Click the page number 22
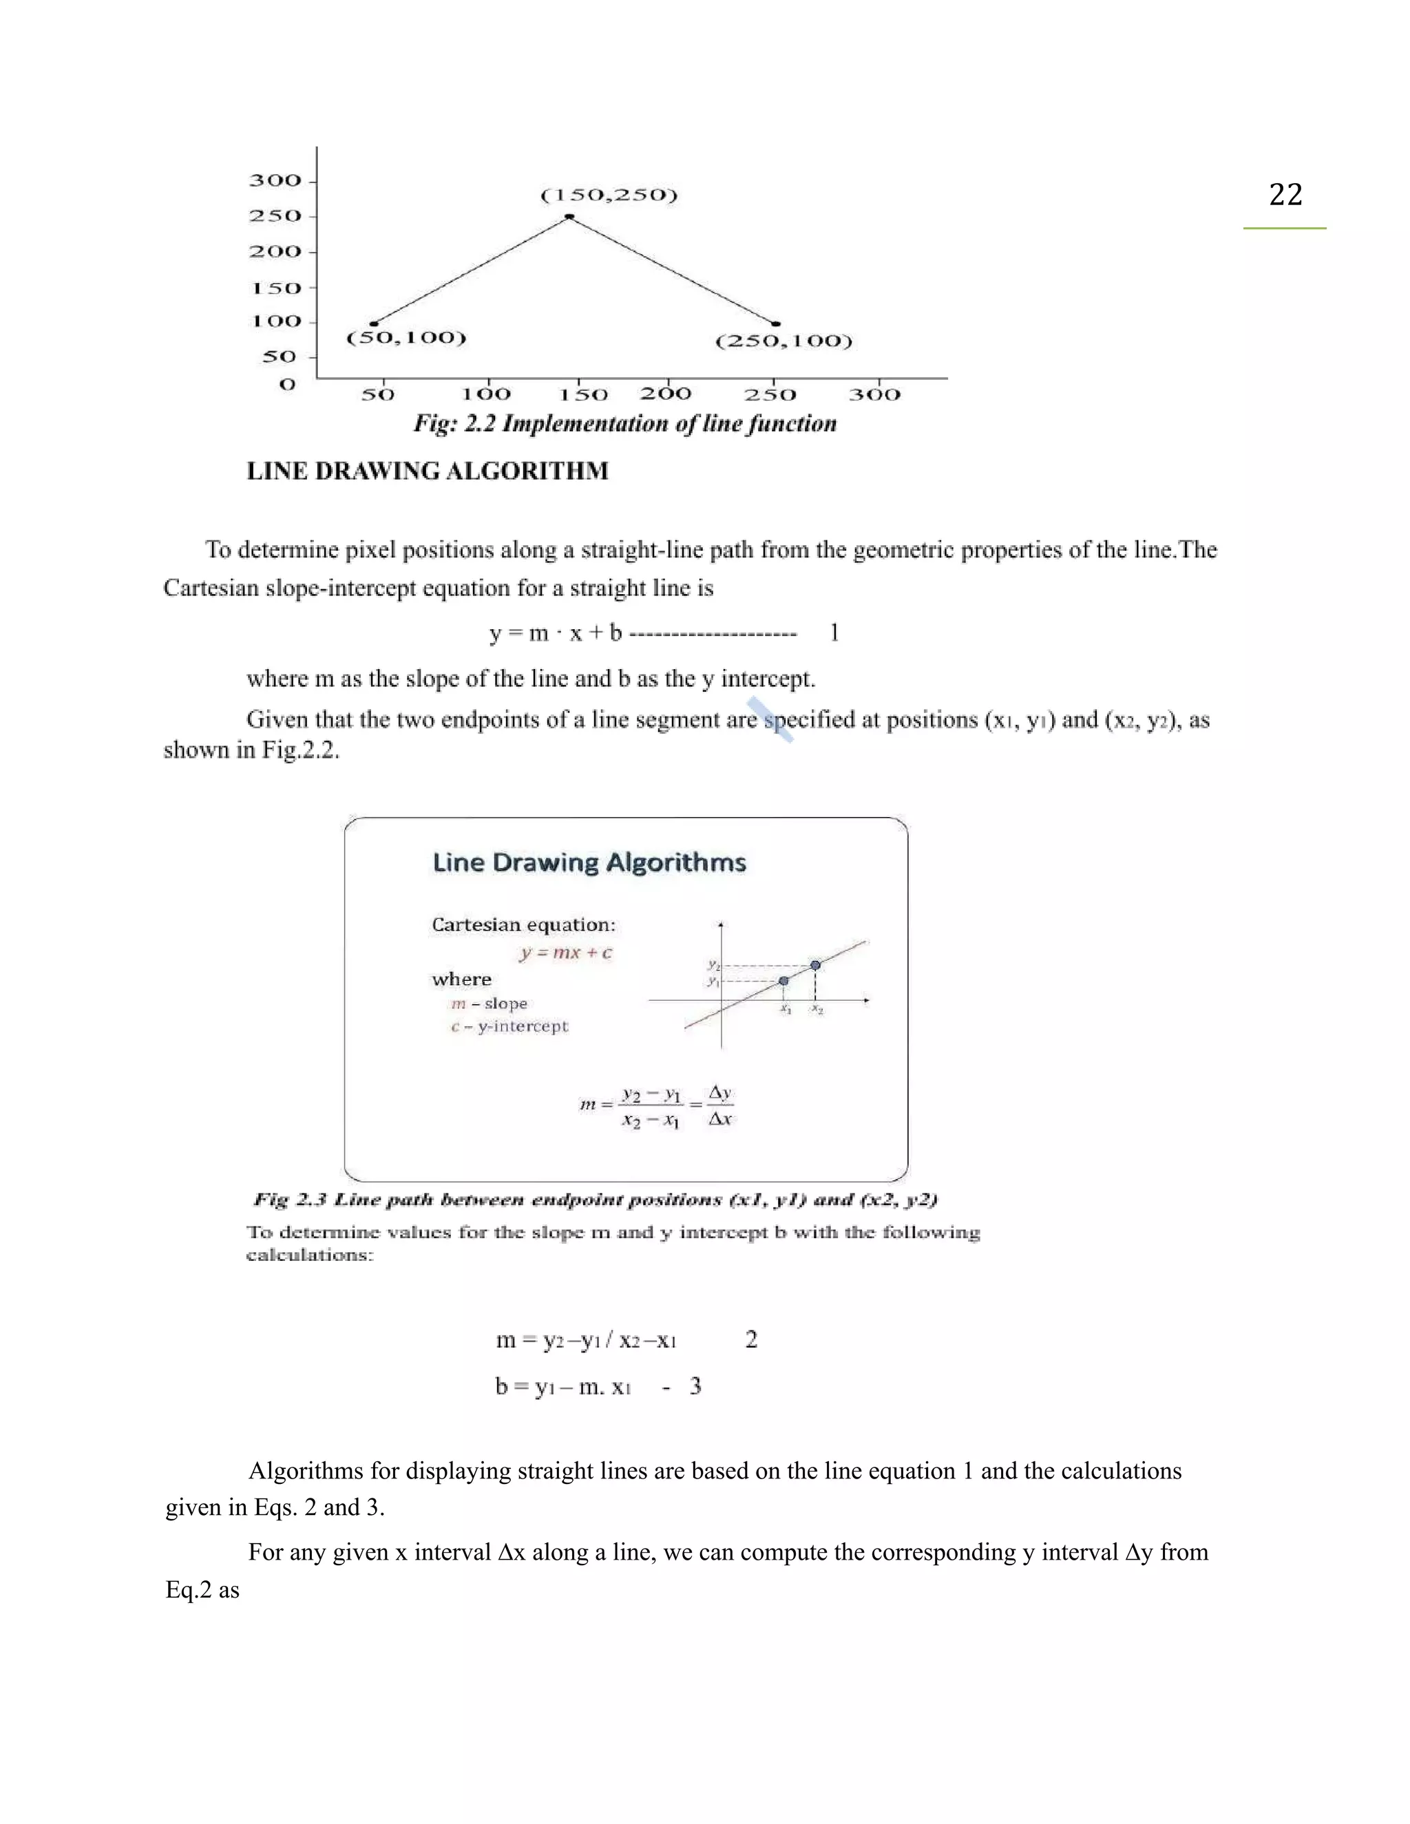(1285, 195)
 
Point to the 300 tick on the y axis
(275, 180)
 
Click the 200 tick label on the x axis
(666, 393)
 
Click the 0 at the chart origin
(287, 385)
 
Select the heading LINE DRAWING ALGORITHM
(427, 471)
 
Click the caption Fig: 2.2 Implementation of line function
(625, 423)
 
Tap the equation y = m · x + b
(556, 633)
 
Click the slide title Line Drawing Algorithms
(589, 862)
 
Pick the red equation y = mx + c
(565, 953)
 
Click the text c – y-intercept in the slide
(509, 1026)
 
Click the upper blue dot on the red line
(815, 966)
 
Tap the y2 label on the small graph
(713, 964)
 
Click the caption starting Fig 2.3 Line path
(595, 1200)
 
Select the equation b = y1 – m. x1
(562, 1387)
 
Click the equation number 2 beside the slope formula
(751, 1339)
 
